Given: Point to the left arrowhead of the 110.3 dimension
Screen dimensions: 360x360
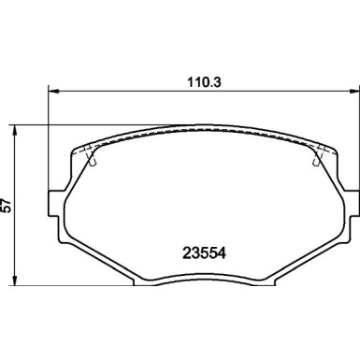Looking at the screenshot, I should [52, 91].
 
